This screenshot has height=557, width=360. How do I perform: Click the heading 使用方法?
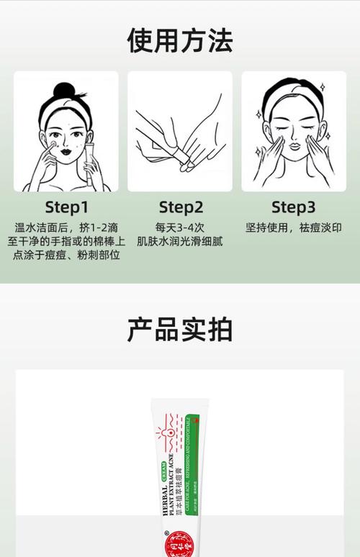pos(180,40)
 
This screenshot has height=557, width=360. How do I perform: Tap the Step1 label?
pos(66,208)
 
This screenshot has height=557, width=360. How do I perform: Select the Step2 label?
pos(181,208)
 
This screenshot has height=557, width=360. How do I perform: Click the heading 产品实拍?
pos(180,329)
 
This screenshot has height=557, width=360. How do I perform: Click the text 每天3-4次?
pos(180,228)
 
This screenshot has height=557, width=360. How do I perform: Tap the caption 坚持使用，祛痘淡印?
pos(293,228)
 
